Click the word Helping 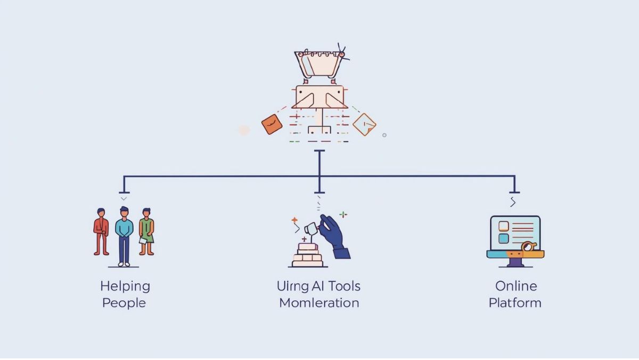125,286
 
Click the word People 124,303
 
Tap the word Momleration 319,303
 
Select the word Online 515,286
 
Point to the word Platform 515,303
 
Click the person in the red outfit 101,230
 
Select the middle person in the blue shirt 124,235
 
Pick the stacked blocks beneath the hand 308,255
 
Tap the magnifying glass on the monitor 528,247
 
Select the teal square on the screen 503,238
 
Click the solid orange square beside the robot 272,124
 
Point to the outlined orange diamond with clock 364,124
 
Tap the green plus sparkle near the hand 343,214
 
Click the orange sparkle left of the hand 294,219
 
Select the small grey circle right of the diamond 384,135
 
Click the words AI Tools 336,286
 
